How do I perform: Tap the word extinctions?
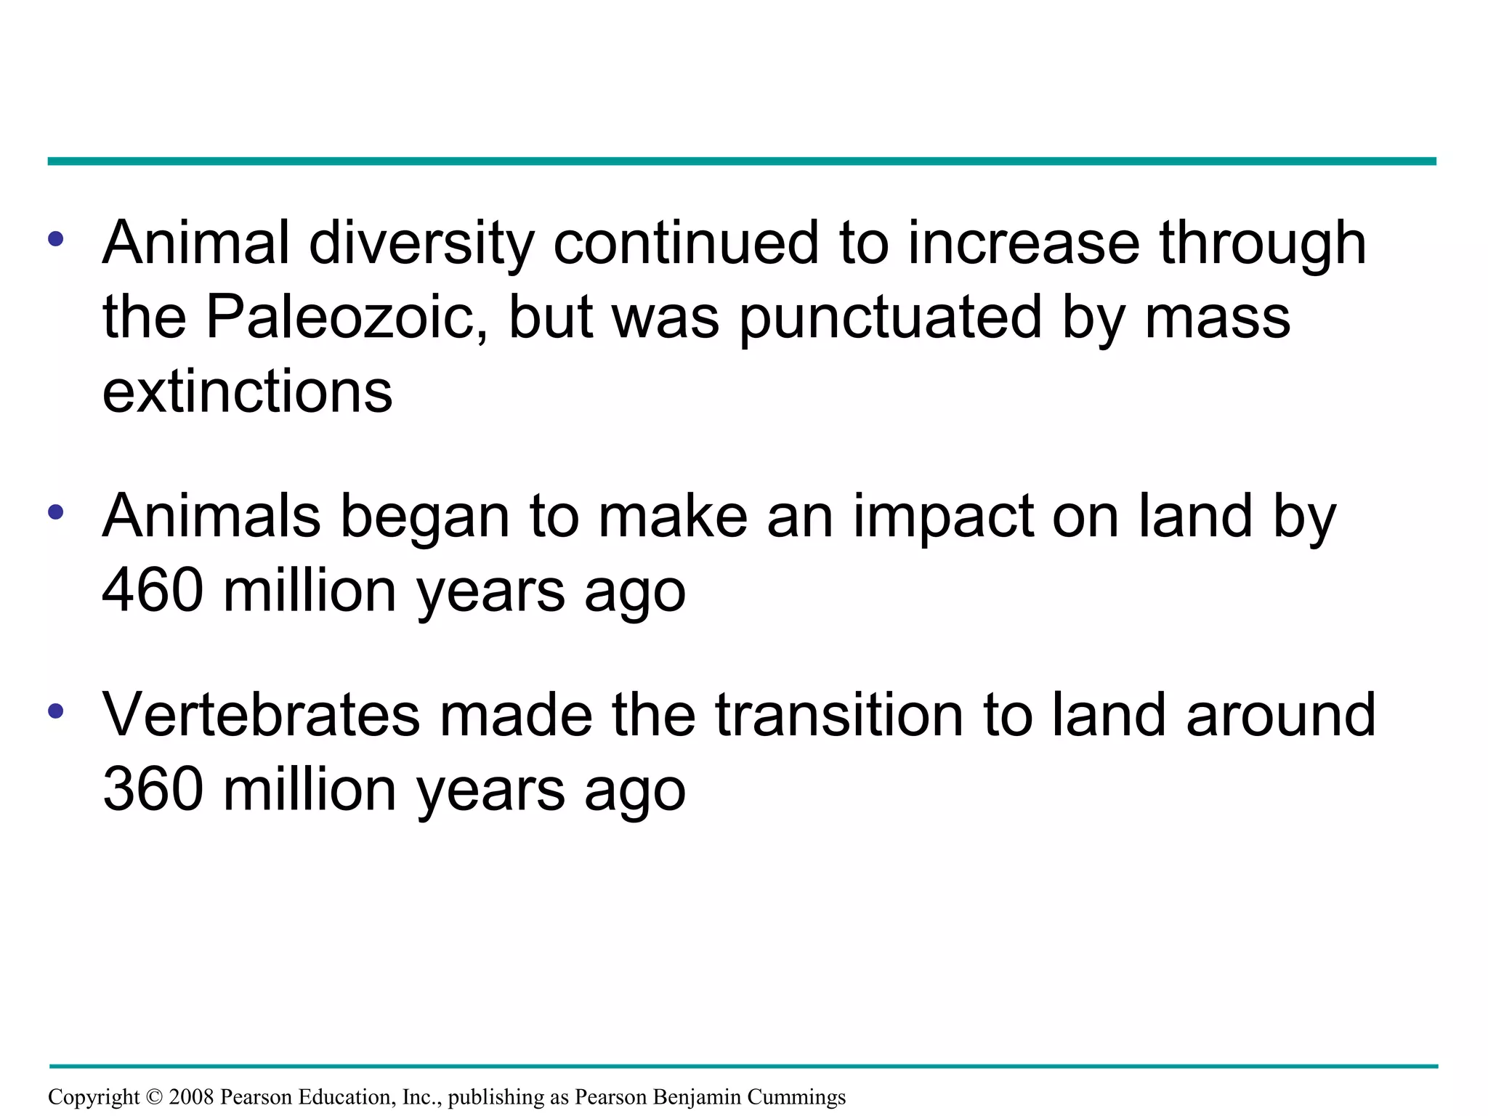click(x=247, y=392)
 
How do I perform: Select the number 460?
click(x=153, y=590)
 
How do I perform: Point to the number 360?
click(x=153, y=789)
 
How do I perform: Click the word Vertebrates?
click(x=261, y=715)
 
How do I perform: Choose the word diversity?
click(x=421, y=243)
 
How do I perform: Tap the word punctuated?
click(x=891, y=318)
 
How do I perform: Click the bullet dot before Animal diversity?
click(x=56, y=239)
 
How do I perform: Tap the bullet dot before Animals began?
click(x=56, y=512)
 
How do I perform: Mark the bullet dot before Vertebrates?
click(x=56, y=711)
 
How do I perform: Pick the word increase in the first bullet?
click(x=1024, y=243)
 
